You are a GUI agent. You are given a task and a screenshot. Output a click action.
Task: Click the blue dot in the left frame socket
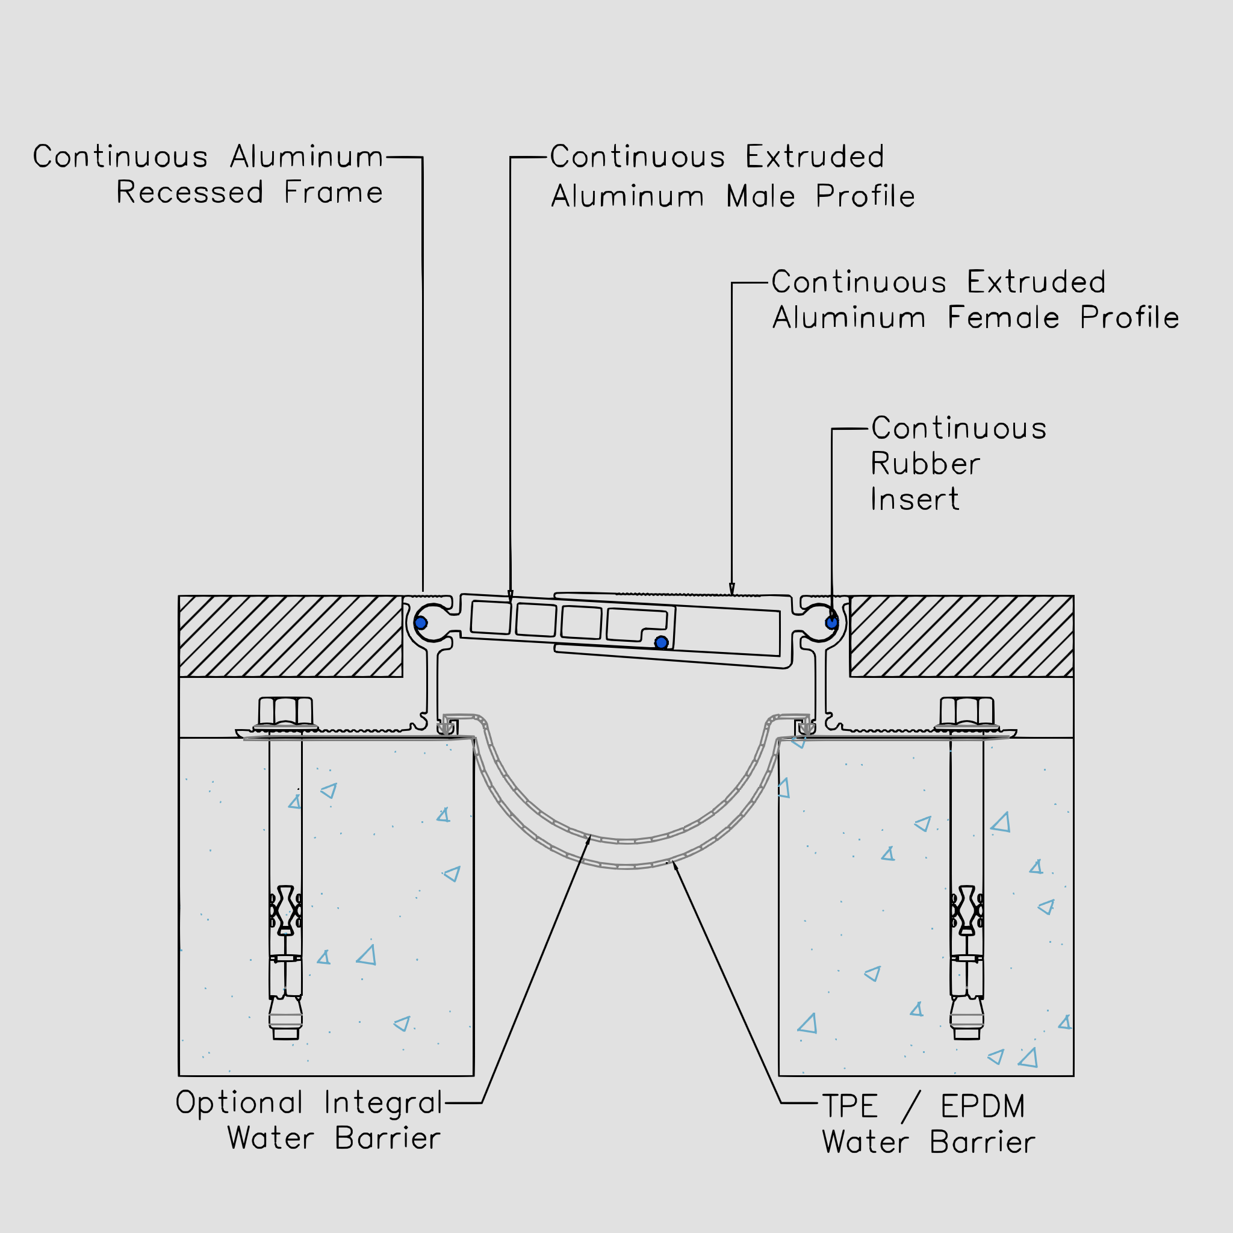421,623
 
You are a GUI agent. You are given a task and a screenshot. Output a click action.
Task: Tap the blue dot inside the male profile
661,642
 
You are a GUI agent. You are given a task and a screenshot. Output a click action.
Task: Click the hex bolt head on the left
285,711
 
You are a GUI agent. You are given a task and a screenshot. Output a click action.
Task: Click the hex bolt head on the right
967,711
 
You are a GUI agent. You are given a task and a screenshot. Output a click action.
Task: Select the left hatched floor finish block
290,636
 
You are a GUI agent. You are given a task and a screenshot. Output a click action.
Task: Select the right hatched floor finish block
961,636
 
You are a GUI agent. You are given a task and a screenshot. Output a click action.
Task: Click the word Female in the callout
1002,318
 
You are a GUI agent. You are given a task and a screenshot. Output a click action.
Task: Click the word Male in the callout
761,196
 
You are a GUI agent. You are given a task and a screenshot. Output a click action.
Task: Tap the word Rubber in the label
925,464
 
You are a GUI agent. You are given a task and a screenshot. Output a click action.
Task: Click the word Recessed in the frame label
190,193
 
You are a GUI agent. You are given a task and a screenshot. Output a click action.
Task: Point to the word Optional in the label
240,1103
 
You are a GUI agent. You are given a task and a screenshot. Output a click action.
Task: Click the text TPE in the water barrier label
849,1107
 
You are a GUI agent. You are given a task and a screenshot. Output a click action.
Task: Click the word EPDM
983,1107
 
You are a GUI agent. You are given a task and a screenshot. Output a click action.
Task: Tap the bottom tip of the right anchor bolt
967,1039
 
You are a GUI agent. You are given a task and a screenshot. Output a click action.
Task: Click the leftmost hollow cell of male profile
491,617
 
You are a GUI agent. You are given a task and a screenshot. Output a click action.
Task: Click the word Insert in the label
915,500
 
